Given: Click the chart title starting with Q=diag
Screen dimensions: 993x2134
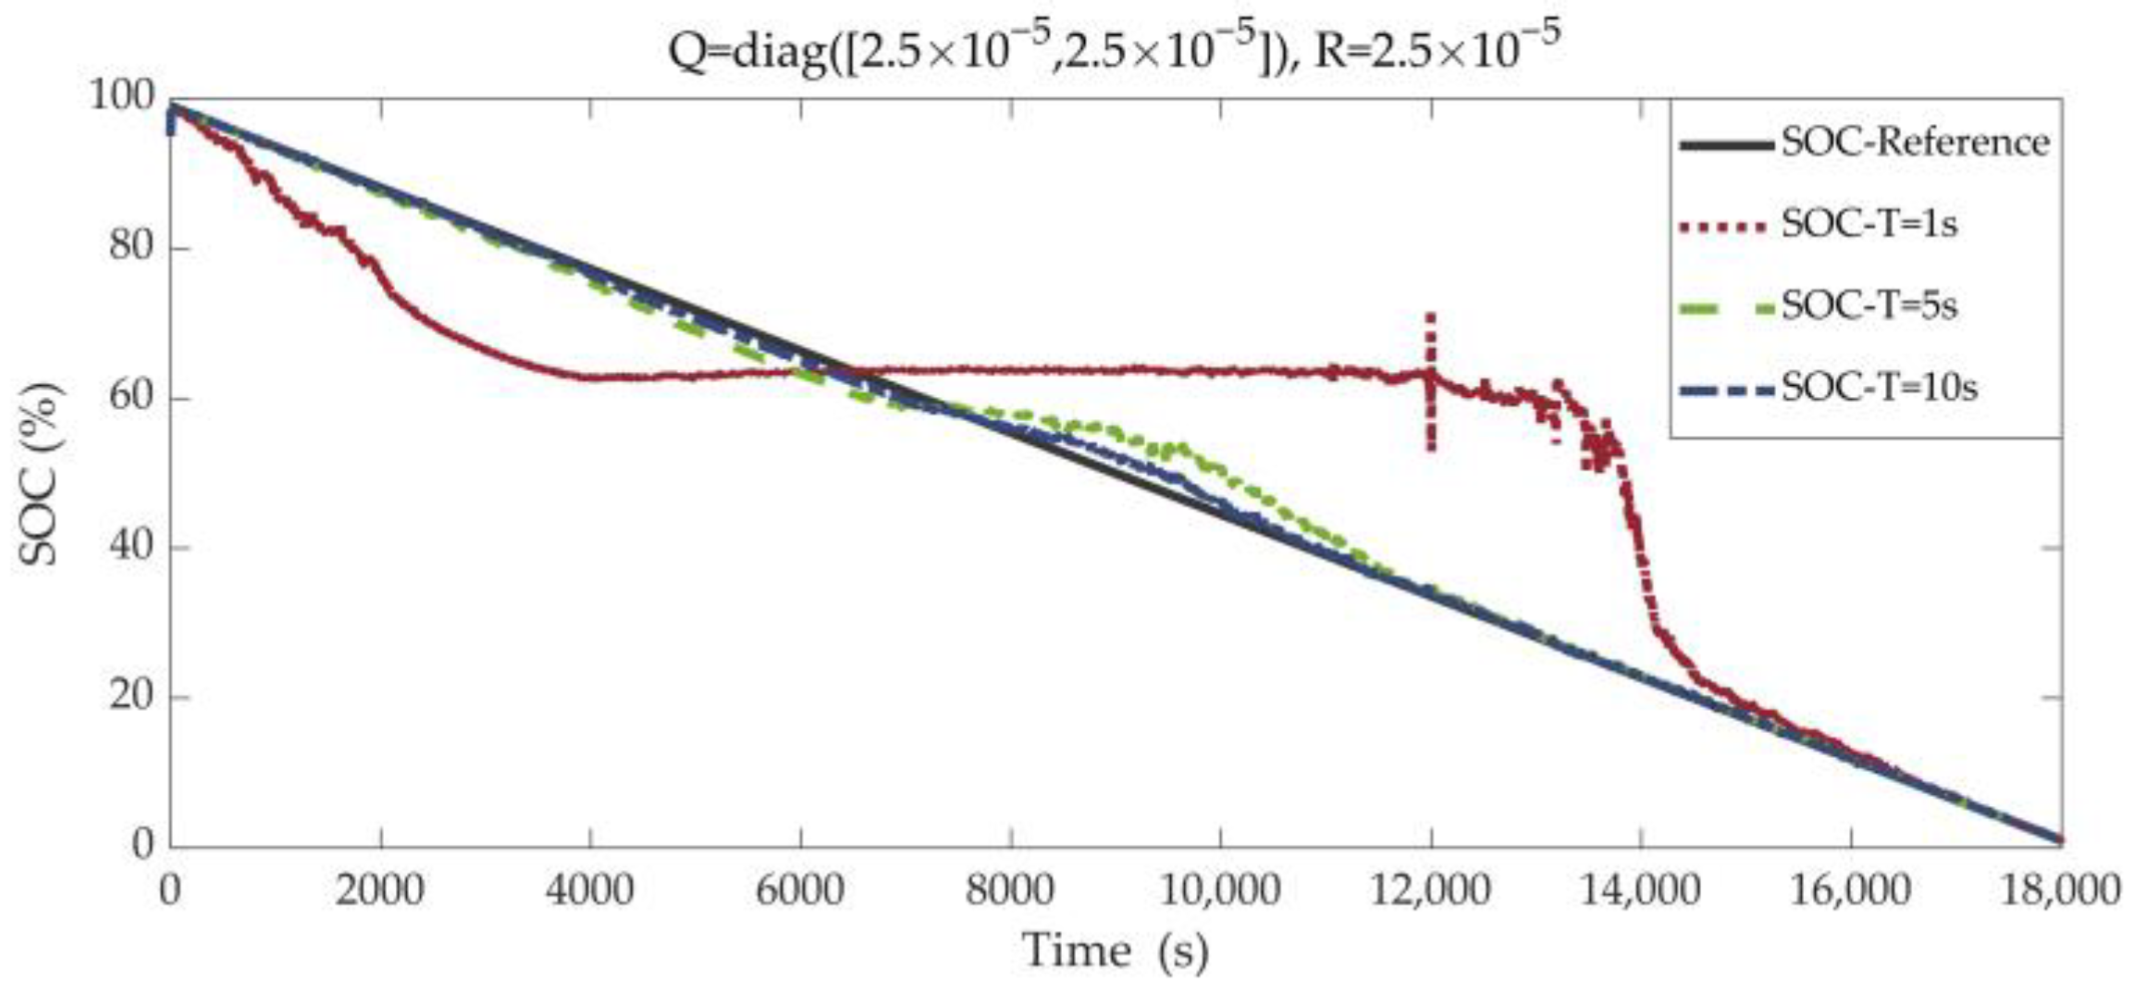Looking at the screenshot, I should pos(1114,48).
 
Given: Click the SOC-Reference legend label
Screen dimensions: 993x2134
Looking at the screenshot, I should pos(1915,143).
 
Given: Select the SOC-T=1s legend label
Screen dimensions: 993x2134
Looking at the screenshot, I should pos(1869,224).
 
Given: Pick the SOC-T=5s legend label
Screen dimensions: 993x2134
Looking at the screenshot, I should pos(1869,304).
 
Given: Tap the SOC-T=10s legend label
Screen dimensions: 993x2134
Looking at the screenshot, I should pos(1879,386).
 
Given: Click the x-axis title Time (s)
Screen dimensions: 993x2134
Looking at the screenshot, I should pos(1115,950).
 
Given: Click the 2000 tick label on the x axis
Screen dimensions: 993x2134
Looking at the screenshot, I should pos(380,890).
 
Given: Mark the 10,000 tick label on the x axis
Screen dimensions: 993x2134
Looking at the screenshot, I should pos(1220,890).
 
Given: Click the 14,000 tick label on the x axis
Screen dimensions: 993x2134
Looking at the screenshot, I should pos(1640,890).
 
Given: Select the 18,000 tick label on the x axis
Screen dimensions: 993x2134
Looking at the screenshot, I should pos(2060,890).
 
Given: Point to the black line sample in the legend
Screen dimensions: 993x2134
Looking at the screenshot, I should pos(1726,144).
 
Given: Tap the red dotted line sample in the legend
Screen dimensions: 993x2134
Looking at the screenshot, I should pos(1726,225).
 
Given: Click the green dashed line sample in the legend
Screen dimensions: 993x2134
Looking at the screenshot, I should pos(1726,305).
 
